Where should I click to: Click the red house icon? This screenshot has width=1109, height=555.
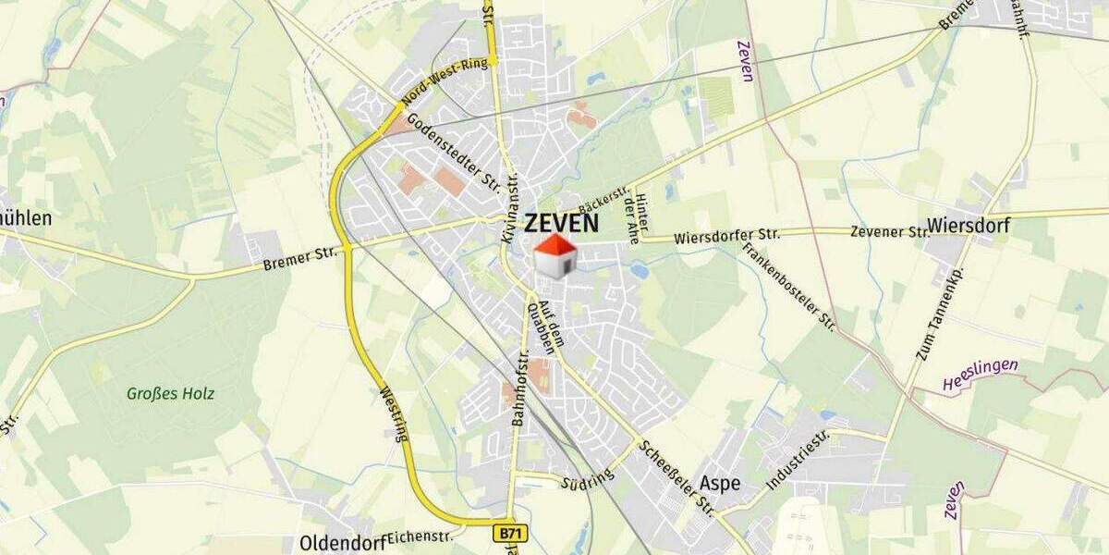tap(555, 255)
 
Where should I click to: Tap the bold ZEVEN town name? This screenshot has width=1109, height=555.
tap(561, 223)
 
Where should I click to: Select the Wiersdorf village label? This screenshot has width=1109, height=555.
tap(969, 225)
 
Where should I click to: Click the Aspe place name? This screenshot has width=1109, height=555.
tap(720, 482)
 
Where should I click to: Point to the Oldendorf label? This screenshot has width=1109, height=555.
tap(342, 542)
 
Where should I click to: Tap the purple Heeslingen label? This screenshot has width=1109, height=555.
tap(981, 373)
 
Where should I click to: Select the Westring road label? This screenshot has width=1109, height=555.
tap(394, 413)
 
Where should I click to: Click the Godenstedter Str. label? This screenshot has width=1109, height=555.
tap(453, 154)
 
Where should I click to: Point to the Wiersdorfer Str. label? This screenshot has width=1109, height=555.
tap(726, 235)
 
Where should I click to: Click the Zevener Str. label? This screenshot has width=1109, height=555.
tap(889, 231)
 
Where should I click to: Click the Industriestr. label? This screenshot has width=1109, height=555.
tap(798, 460)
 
